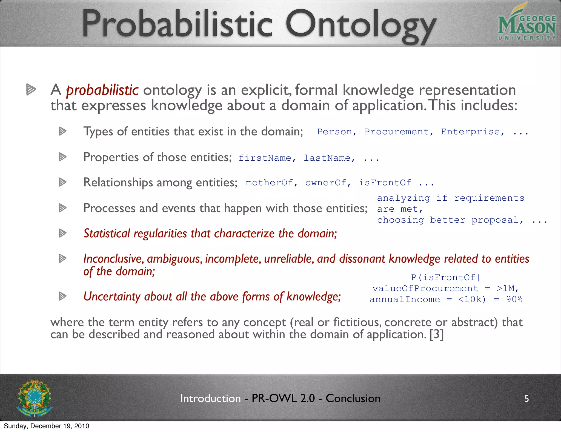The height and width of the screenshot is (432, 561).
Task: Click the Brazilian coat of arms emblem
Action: [34, 398]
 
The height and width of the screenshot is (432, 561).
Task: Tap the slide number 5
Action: [526, 399]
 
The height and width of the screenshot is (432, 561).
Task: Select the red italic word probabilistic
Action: [102, 90]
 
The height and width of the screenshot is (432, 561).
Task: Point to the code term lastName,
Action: [329, 158]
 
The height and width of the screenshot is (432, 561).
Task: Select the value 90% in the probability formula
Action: [514, 299]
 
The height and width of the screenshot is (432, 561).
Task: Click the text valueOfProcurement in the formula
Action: [425, 288]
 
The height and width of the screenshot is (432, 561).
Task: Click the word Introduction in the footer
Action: [210, 398]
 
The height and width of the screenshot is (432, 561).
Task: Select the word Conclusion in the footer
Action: [353, 398]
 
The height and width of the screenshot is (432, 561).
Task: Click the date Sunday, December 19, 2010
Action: [47, 426]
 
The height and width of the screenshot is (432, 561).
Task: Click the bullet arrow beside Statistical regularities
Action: [63, 233]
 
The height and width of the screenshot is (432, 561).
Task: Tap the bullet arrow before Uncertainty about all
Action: [63, 296]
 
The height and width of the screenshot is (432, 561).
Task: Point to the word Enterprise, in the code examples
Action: [473, 132]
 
